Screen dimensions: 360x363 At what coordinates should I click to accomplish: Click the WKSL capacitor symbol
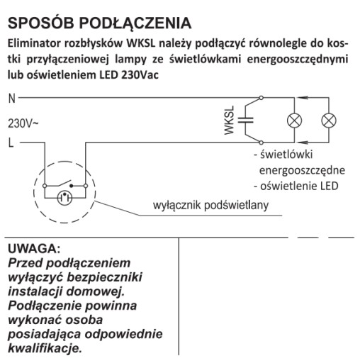point(246,120)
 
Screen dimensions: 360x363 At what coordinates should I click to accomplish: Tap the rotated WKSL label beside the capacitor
point(229,121)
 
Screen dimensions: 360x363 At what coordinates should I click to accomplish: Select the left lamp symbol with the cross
point(294,121)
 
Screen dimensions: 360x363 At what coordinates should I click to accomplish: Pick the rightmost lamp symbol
point(329,121)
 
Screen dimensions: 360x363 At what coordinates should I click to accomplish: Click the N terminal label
point(12,99)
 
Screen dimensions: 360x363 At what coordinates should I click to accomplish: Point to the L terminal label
point(11,143)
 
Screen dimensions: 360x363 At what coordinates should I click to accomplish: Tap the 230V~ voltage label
point(23,123)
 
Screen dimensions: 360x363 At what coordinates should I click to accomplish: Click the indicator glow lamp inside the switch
point(64,198)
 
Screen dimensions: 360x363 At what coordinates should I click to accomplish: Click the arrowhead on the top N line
point(303,97)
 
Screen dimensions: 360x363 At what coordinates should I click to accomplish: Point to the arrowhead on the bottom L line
point(303,143)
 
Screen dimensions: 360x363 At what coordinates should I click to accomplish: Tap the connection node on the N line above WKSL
point(261,97)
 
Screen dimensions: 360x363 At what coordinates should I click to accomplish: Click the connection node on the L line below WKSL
point(261,143)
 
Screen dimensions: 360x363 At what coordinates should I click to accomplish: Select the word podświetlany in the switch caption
point(236,206)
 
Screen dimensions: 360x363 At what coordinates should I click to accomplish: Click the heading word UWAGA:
point(34,249)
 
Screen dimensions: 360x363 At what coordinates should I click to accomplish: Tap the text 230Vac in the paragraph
point(140,75)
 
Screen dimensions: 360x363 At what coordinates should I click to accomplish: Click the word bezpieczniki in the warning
point(105,277)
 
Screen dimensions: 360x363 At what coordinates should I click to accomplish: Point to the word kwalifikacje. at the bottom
point(45,348)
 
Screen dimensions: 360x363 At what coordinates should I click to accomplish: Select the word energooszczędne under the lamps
point(302,171)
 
